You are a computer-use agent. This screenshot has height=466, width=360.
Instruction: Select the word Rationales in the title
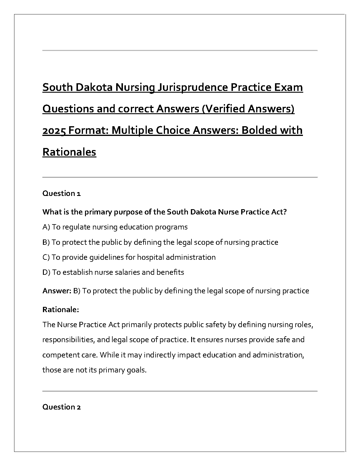[69, 152]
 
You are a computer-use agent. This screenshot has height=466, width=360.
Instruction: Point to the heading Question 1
[61, 193]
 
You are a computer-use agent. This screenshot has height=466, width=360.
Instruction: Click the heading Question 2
[61, 407]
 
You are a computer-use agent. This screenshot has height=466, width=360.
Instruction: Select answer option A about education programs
[115, 227]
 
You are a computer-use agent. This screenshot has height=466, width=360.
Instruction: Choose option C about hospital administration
[129, 257]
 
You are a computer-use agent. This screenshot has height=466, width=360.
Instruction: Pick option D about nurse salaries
[113, 272]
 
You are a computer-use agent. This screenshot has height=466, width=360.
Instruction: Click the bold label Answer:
[57, 291]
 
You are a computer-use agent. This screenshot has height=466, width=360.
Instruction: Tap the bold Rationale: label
[61, 309]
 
